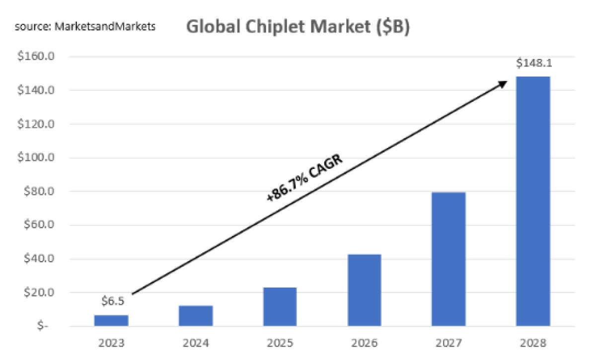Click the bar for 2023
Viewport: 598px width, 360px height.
tap(111, 320)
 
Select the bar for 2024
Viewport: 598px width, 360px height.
tap(196, 316)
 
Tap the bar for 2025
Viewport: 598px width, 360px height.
tap(280, 307)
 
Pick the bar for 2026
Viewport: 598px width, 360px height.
tap(364, 290)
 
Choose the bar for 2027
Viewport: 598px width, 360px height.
tap(448, 259)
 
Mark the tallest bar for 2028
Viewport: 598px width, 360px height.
tap(533, 201)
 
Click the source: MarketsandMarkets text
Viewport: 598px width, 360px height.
tap(85, 27)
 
